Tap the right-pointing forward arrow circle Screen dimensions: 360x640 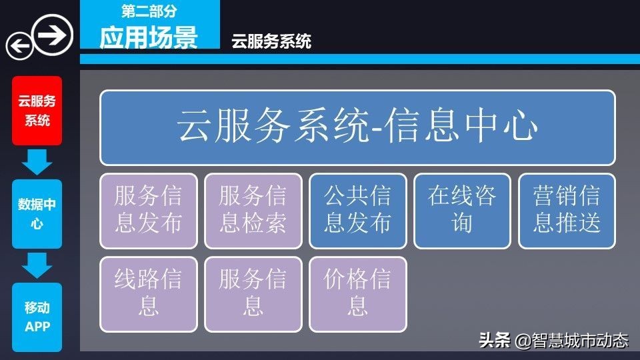[53, 34]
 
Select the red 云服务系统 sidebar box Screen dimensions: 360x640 [37, 111]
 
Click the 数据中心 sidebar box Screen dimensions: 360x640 [37, 214]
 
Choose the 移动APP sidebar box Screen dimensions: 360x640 [37, 317]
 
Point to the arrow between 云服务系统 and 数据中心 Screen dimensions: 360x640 [37, 162]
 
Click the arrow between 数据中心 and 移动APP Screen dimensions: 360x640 [37, 265]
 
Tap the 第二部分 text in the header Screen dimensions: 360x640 [149, 11]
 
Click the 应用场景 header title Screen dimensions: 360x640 [149, 38]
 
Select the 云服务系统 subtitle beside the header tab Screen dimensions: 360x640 [271, 42]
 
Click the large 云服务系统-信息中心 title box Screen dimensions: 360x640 [357, 127]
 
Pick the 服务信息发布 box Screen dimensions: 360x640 [149, 211]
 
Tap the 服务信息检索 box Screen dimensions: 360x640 [253, 211]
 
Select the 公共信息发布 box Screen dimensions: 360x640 [357, 211]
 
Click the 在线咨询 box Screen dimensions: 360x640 [462, 211]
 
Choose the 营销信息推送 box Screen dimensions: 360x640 [567, 211]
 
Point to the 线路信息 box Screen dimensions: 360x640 [149, 294]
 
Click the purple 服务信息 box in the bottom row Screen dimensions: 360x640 [253, 294]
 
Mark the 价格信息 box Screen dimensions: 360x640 [357, 294]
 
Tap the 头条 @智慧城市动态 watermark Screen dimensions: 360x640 [553, 341]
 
